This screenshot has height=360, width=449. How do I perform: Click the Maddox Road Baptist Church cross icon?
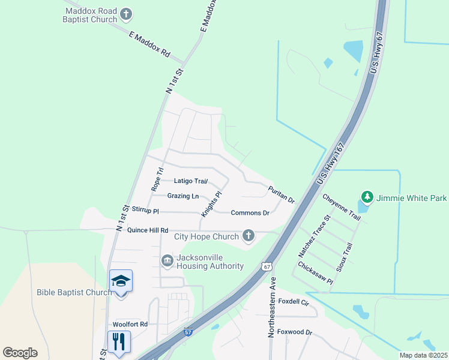(126, 14)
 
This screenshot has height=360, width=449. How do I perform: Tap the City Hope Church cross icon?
(249, 236)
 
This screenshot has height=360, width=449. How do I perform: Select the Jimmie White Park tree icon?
(366, 197)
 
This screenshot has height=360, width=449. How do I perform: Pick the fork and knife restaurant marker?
(118, 342)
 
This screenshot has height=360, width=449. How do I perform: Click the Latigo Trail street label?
(191, 181)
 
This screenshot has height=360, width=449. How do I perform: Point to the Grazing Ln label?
(183, 196)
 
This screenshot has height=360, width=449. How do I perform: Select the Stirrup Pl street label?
(145, 211)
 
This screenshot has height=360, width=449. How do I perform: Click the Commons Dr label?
(250, 213)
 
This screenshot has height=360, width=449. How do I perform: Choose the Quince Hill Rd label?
(146, 230)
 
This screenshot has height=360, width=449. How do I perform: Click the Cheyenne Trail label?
(341, 206)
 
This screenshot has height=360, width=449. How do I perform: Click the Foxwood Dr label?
(295, 332)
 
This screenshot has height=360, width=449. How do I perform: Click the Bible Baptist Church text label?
(73, 293)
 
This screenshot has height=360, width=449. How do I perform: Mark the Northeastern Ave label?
(271, 307)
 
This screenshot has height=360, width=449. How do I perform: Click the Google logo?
(20, 353)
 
